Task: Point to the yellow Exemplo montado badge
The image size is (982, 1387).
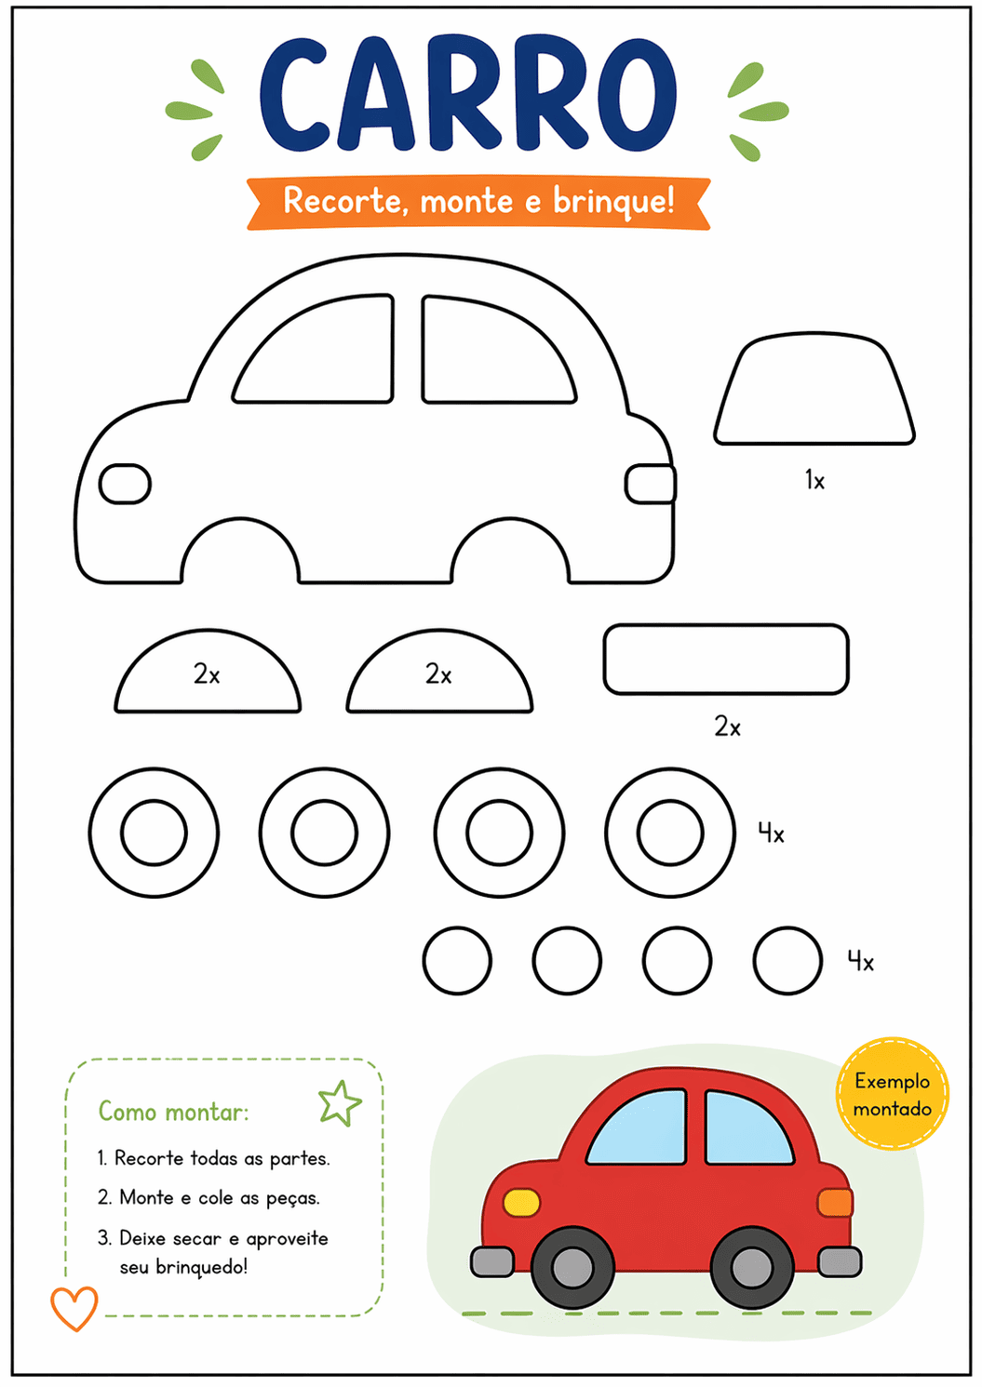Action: click(x=892, y=1094)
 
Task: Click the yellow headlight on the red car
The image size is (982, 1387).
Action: click(x=521, y=1202)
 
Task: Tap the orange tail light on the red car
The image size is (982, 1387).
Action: click(x=835, y=1202)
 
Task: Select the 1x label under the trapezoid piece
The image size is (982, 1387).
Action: click(x=814, y=480)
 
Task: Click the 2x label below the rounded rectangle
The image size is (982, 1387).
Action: click(x=727, y=727)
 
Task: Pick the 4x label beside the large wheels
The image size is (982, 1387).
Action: click(x=772, y=834)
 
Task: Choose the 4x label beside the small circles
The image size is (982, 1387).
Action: click(x=861, y=962)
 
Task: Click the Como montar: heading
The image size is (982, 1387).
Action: click(x=173, y=1112)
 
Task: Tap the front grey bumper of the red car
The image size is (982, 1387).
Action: click(x=491, y=1261)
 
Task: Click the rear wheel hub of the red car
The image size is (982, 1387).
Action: click(x=751, y=1267)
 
